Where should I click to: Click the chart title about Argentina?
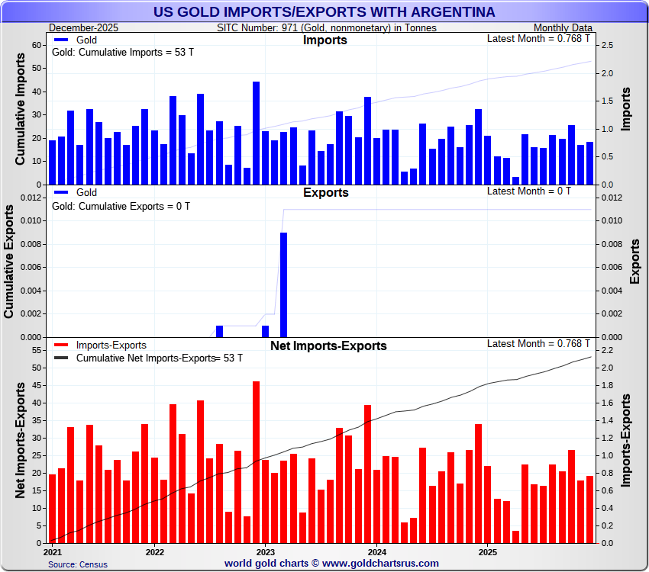point(324,12)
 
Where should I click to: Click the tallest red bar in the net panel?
point(256,461)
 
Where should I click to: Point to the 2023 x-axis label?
point(265,551)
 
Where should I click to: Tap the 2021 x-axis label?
point(53,551)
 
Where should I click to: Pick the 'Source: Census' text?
point(77,564)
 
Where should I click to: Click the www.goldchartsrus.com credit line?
point(331,564)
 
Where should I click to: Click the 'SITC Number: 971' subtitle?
point(326,27)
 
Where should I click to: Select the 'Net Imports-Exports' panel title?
point(328,346)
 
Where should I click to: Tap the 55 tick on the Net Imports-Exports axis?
point(35,350)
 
